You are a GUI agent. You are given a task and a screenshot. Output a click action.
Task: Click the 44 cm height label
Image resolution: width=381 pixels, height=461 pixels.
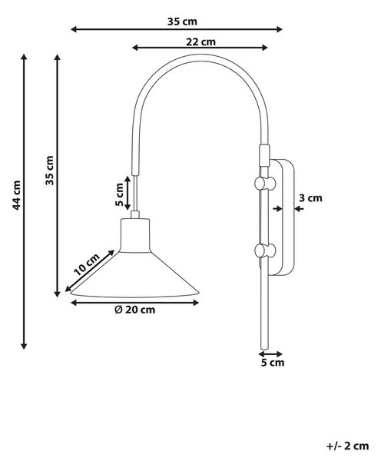[x=16, y=195]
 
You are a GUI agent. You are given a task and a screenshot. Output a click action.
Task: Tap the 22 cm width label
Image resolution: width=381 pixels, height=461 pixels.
[x=200, y=42]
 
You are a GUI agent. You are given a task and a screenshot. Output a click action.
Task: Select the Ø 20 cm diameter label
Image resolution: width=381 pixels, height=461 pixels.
[x=135, y=310]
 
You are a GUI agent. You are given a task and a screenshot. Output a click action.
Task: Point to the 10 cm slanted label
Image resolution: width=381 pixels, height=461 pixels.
[x=87, y=264]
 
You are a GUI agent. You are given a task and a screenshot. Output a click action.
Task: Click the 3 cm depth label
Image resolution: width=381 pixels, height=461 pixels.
[x=310, y=198]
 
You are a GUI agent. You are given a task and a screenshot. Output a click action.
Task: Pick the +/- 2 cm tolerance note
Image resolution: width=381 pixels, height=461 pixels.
[x=347, y=446]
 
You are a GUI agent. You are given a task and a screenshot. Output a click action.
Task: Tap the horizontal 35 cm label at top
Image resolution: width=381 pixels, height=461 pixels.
[x=182, y=22]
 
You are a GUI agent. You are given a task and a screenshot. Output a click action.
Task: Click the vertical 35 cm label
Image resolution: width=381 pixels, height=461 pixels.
[x=50, y=171]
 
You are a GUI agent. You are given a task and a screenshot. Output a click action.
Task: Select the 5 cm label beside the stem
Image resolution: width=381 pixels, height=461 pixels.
[x=119, y=194]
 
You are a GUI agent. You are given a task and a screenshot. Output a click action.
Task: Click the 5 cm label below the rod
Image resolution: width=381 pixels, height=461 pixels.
[x=273, y=363]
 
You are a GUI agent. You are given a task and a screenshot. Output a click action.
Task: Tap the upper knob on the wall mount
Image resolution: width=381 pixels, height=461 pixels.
[x=264, y=184]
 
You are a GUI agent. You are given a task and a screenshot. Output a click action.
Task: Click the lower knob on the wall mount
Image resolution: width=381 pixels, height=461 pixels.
[x=264, y=250]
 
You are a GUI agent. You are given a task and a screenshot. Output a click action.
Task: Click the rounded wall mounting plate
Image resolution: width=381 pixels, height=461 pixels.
[x=282, y=217]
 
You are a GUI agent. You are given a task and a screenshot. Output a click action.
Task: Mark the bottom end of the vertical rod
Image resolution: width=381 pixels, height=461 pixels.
[x=264, y=348]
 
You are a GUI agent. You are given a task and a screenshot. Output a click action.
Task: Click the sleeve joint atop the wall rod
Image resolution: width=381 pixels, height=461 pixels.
[x=264, y=155]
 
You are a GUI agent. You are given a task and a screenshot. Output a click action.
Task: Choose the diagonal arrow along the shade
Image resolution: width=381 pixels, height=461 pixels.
[x=90, y=270]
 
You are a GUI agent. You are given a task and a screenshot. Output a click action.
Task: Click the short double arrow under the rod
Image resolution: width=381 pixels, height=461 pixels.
[x=270, y=354]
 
